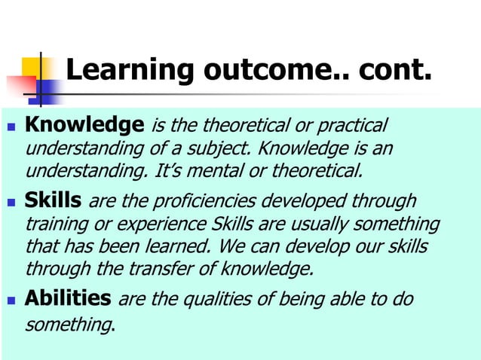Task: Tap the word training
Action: coord(54,224)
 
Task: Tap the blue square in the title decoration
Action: coord(47,90)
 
